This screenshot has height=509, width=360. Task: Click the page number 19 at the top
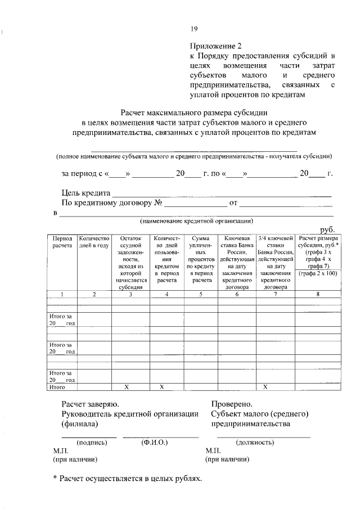pyautogui.click(x=193, y=29)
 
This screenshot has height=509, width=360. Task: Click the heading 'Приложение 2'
pyautogui.click(x=216, y=46)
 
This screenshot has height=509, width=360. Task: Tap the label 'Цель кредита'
pyautogui.click(x=87, y=193)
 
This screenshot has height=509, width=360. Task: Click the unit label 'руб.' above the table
pyautogui.click(x=328, y=231)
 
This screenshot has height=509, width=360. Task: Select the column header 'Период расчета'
pyautogui.click(x=62, y=242)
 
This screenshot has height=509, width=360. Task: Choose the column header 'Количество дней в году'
pyautogui.click(x=94, y=242)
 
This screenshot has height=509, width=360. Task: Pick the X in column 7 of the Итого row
pyautogui.click(x=265, y=387)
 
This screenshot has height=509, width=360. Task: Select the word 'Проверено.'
pyautogui.click(x=232, y=404)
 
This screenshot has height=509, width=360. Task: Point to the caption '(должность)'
pyautogui.click(x=255, y=443)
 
